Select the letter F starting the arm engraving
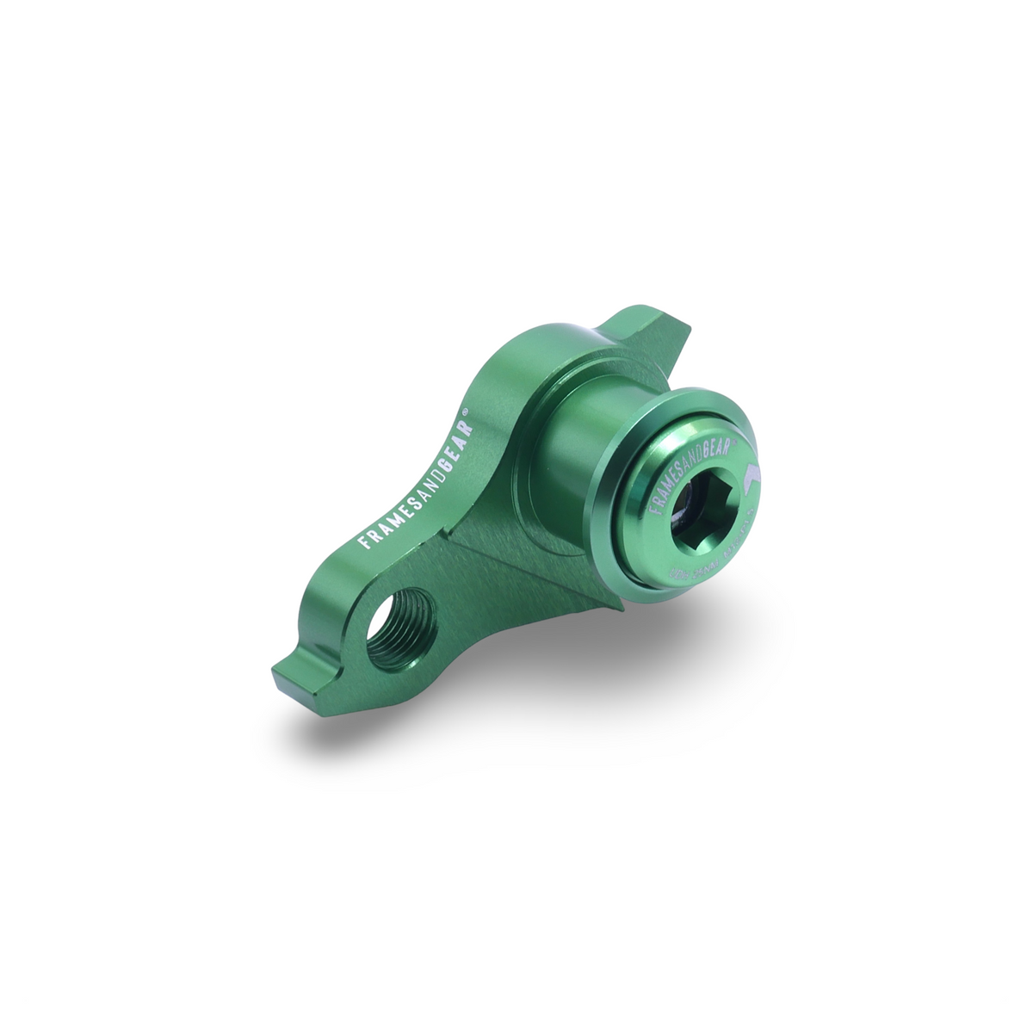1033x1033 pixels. (x=362, y=542)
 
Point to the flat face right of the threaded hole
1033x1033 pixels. (x=482, y=603)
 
